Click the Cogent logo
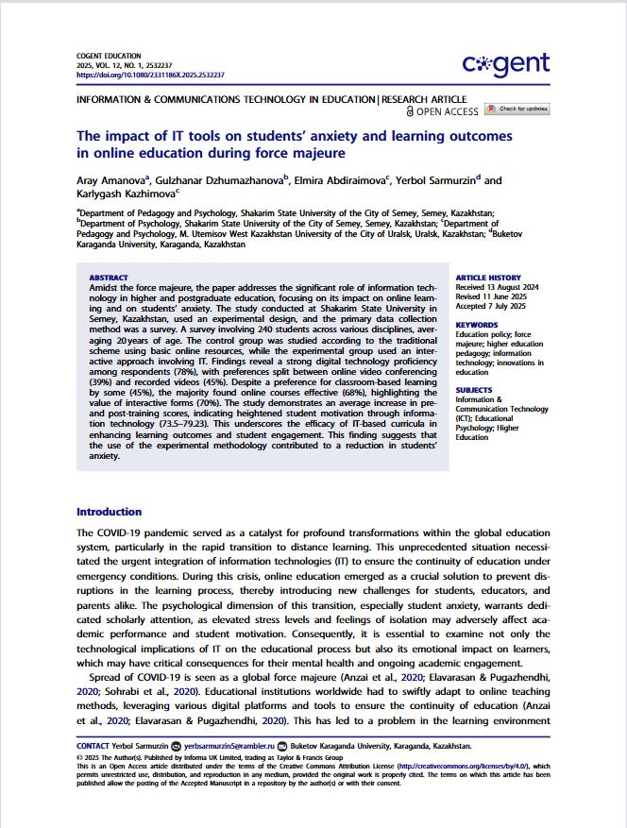coord(505,63)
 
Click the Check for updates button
coord(517,110)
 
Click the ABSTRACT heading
coord(108,278)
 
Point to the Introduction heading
coord(109,512)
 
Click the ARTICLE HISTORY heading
coord(487,278)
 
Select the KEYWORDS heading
coord(477,326)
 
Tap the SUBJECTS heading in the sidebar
coord(474,390)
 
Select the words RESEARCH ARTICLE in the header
coord(424,98)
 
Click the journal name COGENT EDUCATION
coord(109,57)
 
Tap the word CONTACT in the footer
coord(93,746)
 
